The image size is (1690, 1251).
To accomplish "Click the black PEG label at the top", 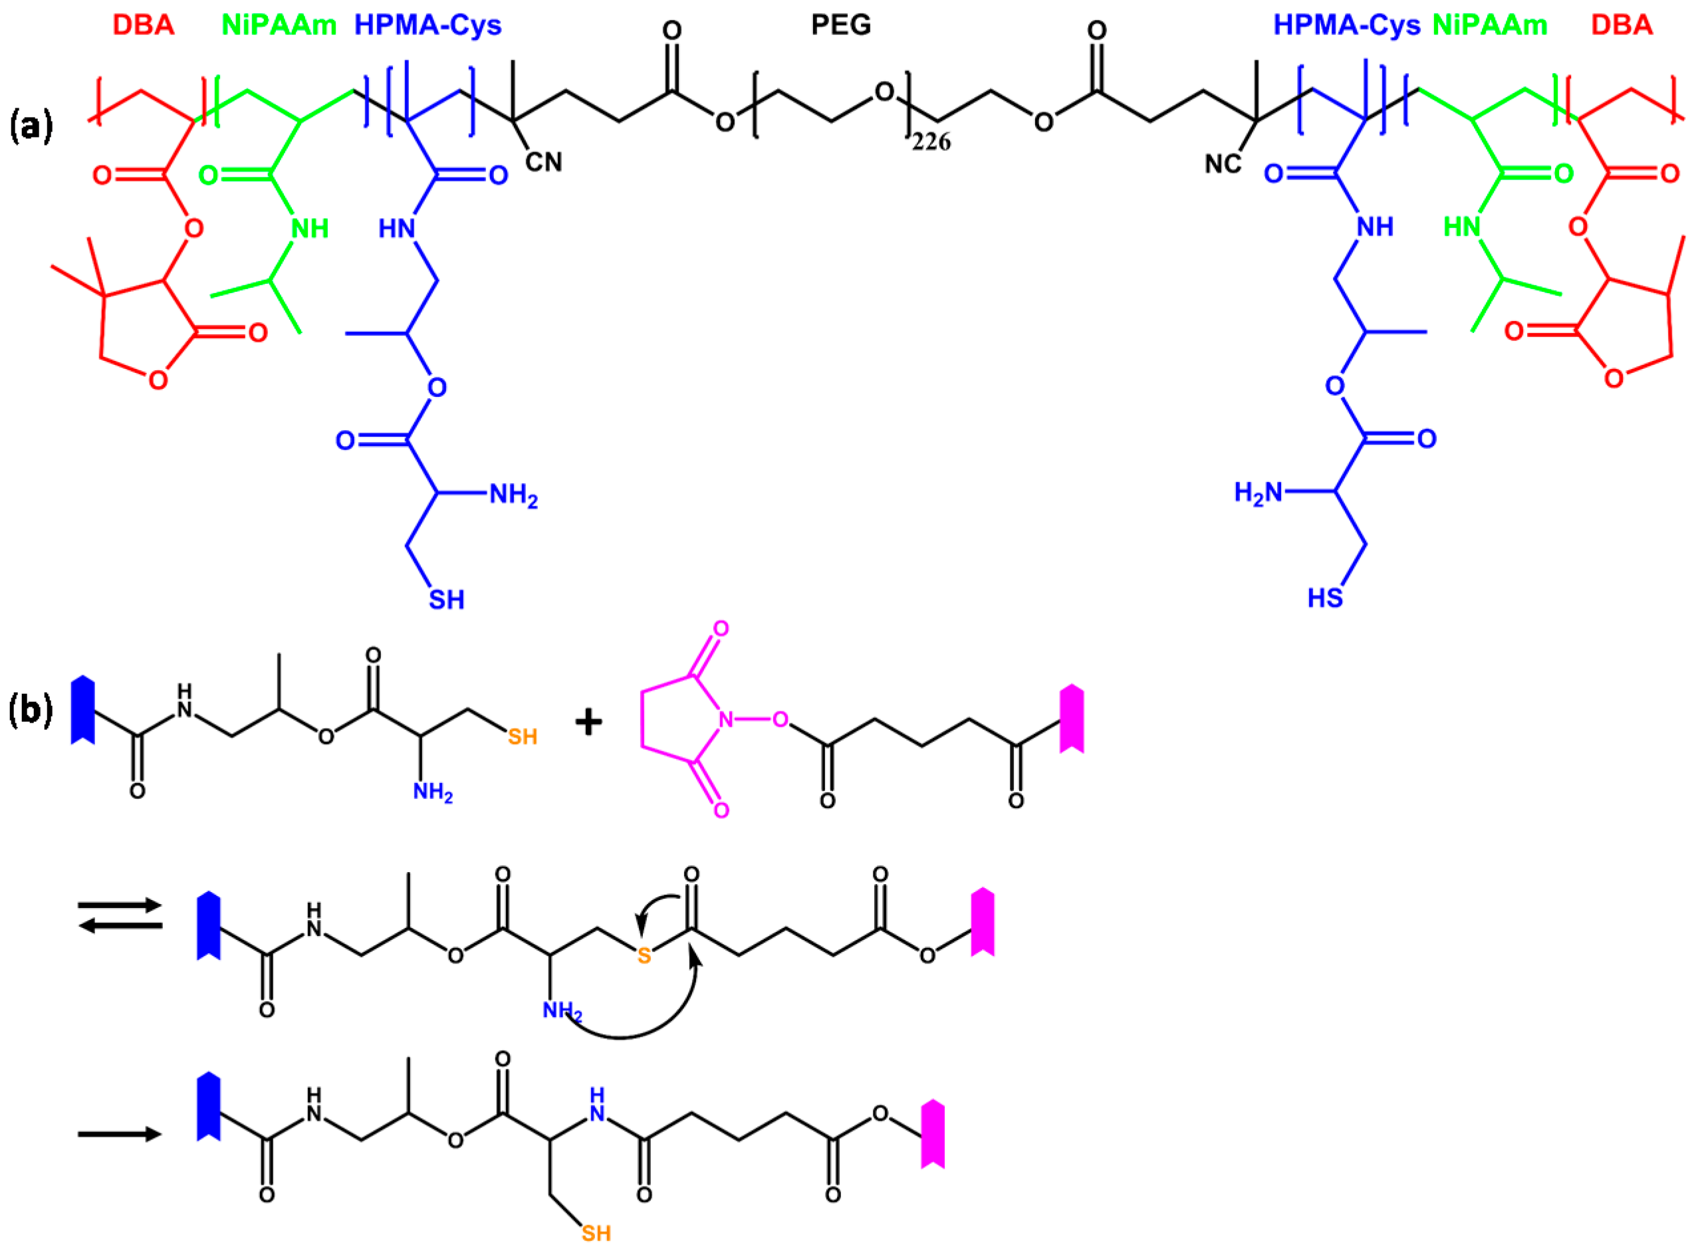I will tap(840, 26).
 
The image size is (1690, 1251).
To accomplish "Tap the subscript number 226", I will tap(931, 142).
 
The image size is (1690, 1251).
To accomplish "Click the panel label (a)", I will tap(31, 126).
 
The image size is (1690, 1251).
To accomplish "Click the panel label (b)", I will tap(31, 711).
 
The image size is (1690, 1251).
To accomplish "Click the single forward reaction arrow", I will tap(120, 1133).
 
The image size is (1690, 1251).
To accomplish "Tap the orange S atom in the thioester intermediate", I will tap(644, 956).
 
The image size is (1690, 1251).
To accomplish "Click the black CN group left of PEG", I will tap(544, 162).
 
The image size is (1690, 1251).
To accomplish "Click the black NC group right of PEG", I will tap(1222, 163).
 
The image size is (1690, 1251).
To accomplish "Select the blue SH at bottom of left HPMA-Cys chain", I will tap(446, 600).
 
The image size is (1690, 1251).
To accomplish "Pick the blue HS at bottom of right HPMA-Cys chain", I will tap(1325, 598).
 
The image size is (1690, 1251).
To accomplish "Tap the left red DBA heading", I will tap(143, 26).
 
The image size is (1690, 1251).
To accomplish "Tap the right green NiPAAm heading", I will tap(1490, 26).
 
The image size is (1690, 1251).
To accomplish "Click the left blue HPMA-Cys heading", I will tap(427, 26).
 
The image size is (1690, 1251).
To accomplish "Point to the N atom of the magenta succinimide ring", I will tap(725, 719).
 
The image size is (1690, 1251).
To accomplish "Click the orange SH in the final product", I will tap(596, 1234).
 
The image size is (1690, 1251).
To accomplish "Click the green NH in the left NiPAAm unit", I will tap(310, 228).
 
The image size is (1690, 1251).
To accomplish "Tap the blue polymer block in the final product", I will tap(209, 1106).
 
